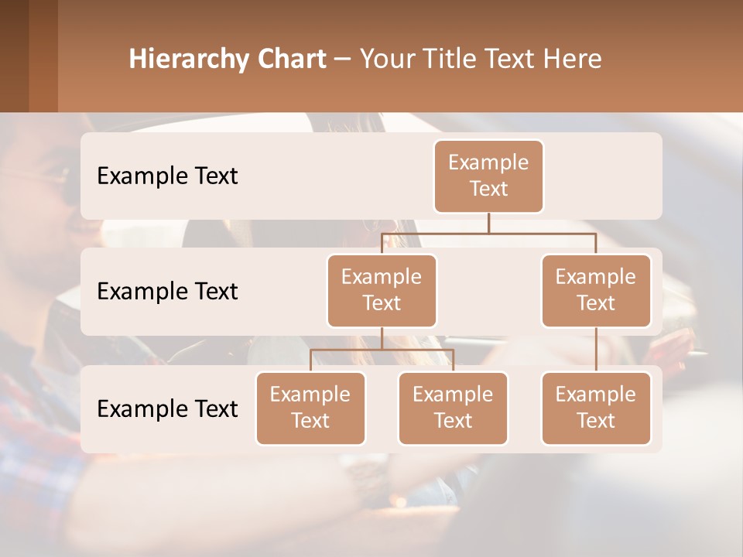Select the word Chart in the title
tap(292, 60)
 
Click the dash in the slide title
tap(343, 60)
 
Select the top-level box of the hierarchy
tap(488, 176)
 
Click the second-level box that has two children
tap(382, 290)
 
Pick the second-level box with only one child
tap(596, 290)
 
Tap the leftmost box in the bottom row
tap(310, 408)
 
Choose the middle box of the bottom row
tap(453, 408)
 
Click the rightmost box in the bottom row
tap(596, 408)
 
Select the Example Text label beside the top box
tap(167, 176)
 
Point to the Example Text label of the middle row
tap(167, 292)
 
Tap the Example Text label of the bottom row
tap(167, 408)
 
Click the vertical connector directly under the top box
tap(488, 223)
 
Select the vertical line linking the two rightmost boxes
tap(596, 350)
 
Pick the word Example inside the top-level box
tap(488, 162)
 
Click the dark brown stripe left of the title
tap(14, 56)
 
